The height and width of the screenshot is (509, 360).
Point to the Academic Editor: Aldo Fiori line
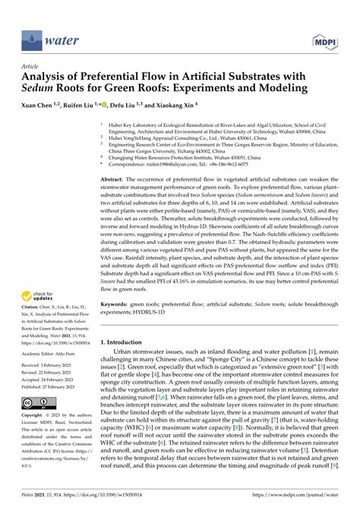pyautogui.click(x=47, y=353)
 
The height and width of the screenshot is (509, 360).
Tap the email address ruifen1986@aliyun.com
pyautogui.click(x=172, y=163)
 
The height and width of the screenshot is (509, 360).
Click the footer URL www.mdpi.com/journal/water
pyautogui.click(x=300, y=495)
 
